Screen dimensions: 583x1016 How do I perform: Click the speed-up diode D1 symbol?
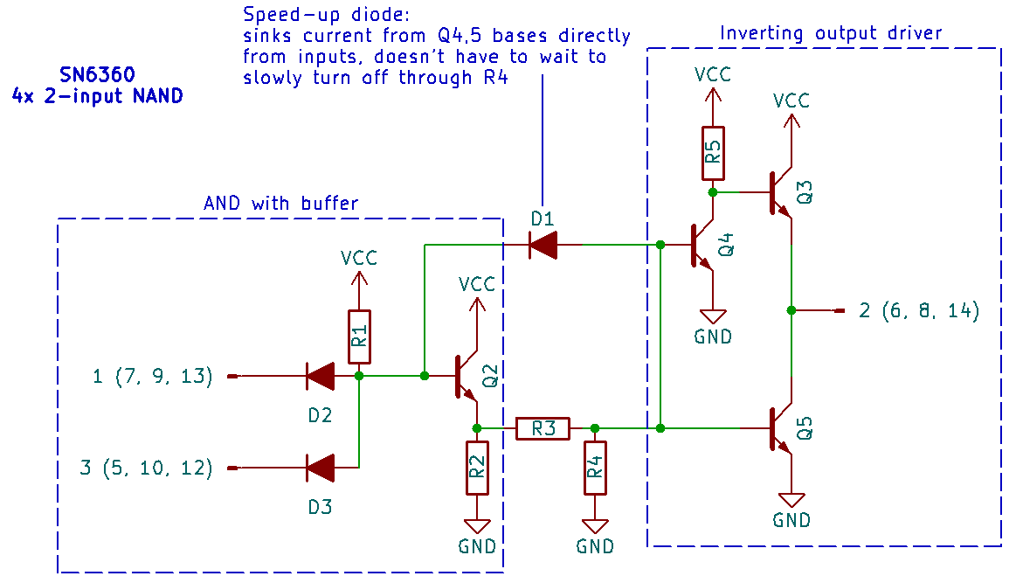543,246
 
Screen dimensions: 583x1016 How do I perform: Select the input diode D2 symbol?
320,377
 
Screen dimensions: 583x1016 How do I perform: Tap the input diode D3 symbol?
320,468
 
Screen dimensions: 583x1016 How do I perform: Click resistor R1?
359,337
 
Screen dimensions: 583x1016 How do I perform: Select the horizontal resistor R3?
543,428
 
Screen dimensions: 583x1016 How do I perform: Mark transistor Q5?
782,429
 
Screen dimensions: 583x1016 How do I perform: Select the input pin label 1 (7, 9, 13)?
153,377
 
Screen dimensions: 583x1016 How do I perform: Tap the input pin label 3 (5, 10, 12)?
146,468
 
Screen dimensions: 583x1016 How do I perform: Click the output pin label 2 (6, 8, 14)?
918,310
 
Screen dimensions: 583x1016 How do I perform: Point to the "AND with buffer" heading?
280,203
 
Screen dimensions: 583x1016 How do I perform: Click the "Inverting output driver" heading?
831,33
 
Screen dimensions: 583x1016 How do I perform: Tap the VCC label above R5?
713,74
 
